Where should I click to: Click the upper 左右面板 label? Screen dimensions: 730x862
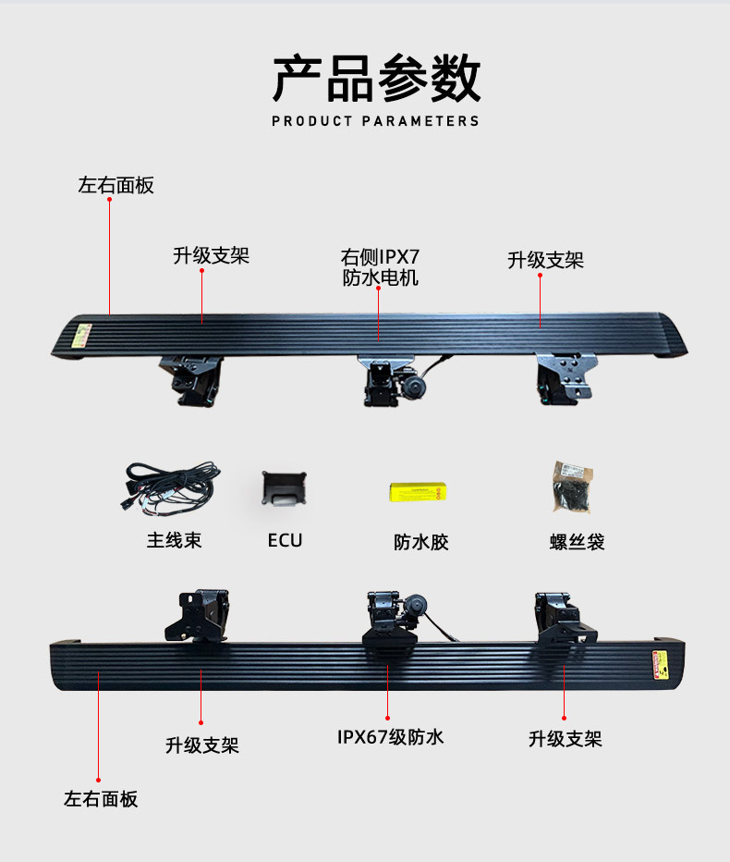(116, 185)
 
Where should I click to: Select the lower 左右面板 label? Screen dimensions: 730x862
(101, 799)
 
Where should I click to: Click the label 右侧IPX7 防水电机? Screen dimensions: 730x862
(380, 266)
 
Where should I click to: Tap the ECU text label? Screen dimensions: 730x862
(285, 540)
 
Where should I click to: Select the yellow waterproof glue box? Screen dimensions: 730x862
(419, 490)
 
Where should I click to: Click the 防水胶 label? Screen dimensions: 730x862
(421, 542)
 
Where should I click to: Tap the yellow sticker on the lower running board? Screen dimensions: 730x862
(662, 664)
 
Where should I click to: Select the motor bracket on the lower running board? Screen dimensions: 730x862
(393, 618)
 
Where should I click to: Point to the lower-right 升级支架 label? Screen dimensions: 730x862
(565, 739)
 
